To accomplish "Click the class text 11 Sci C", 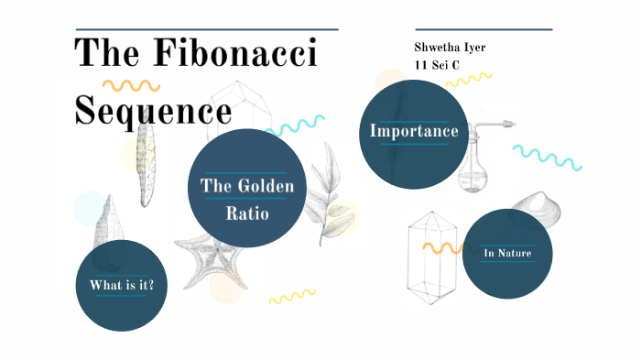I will (438, 65).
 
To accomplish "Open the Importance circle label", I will (414, 131).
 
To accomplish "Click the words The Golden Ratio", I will (246, 200).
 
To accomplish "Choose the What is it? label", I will (121, 286).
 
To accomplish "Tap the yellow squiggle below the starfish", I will (291, 297).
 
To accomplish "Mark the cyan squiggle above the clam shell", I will (547, 157).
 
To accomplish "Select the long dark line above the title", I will (206, 29).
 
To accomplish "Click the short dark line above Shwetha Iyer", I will (483, 29).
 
